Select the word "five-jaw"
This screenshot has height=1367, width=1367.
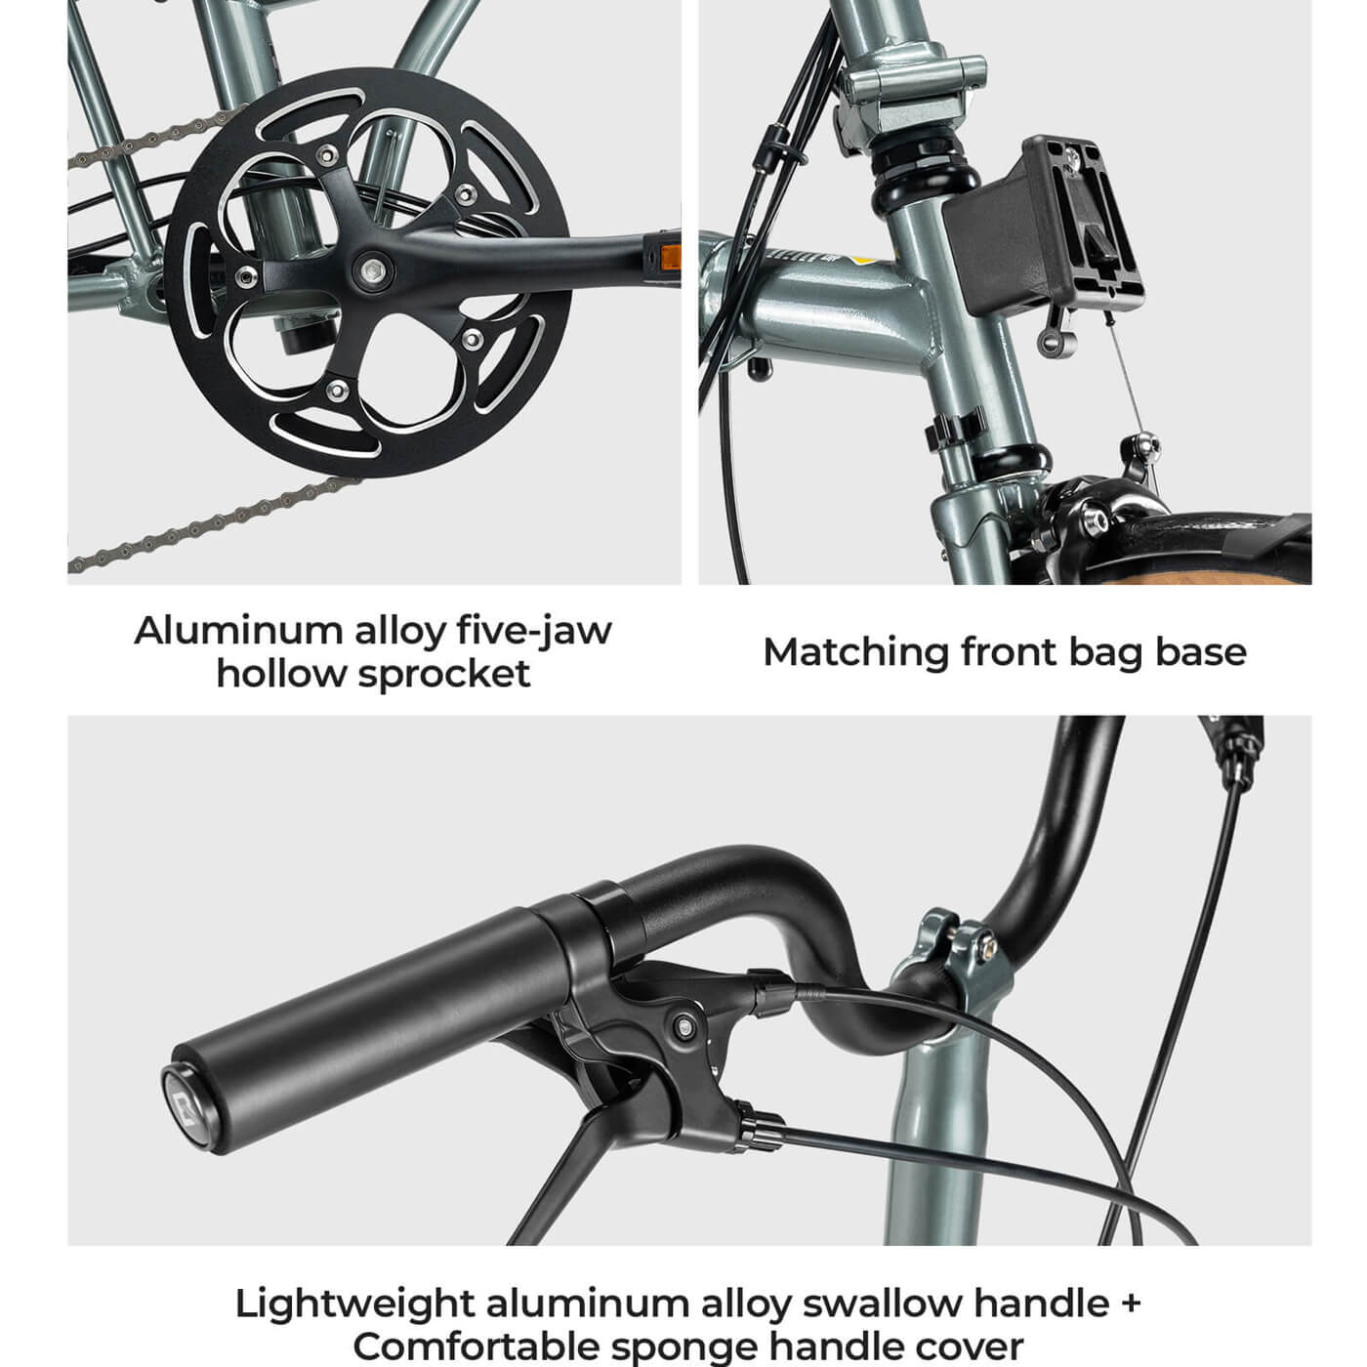coord(534,630)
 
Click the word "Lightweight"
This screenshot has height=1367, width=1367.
coord(354,1304)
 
